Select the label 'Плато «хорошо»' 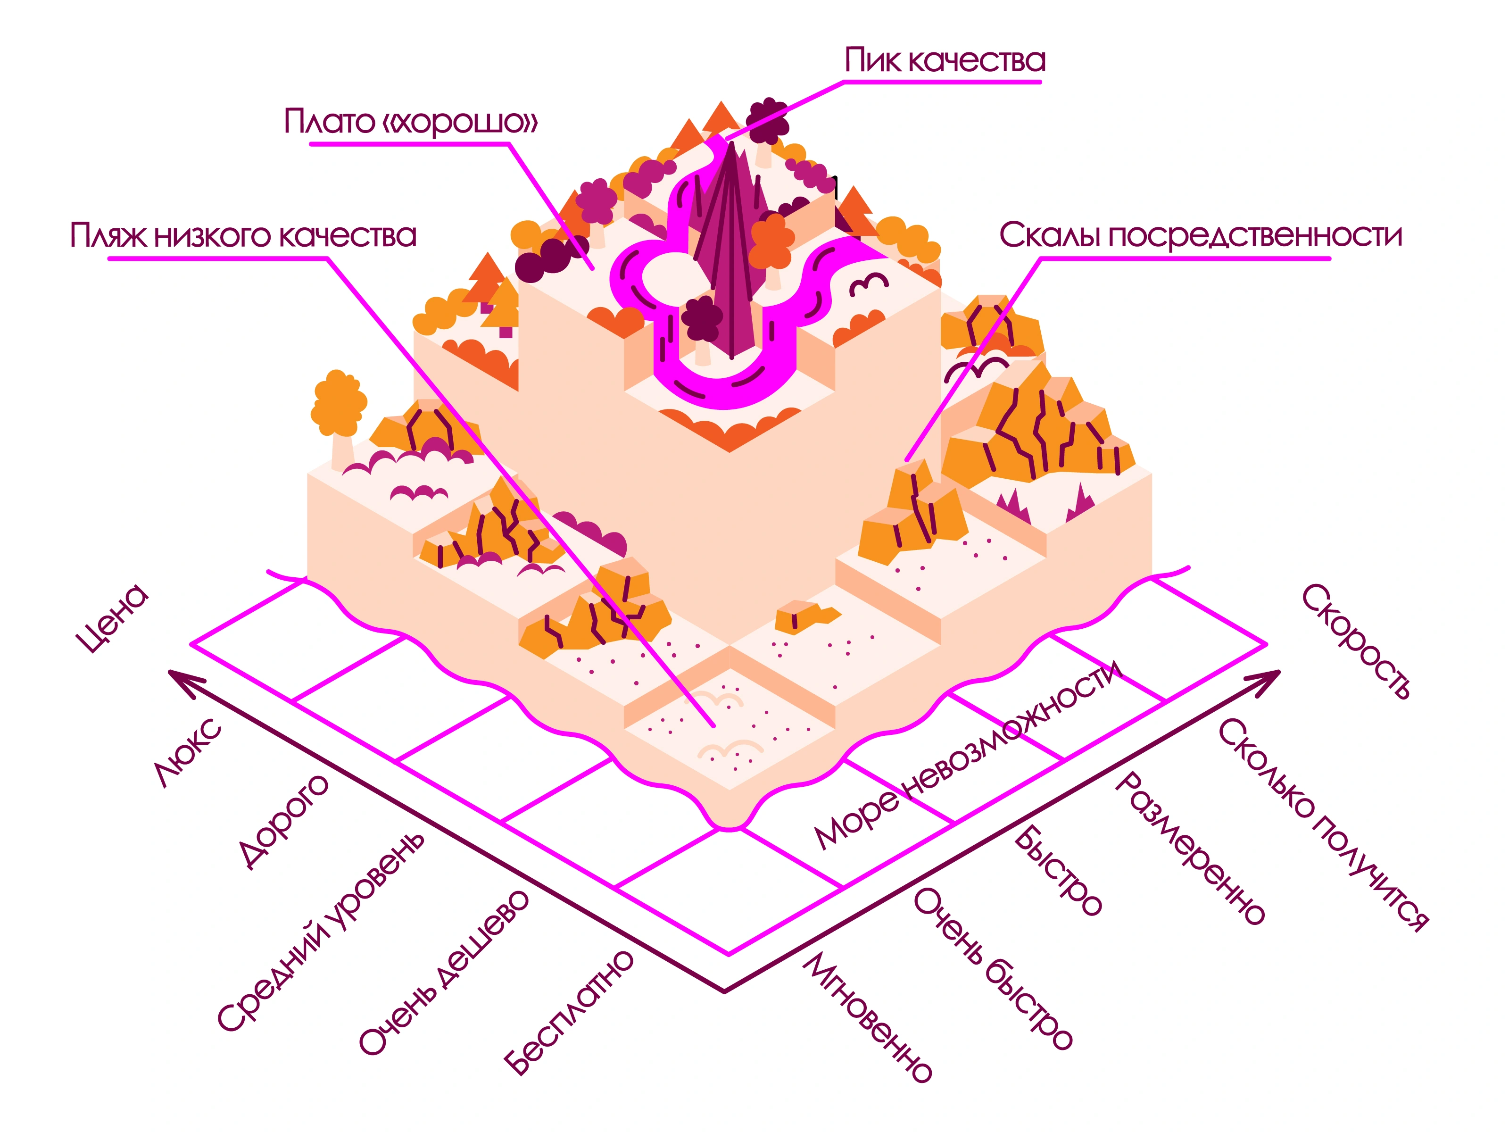click(x=411, y=122)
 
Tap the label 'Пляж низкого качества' click(x=243, y=235)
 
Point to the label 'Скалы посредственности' click(x=1201, y=235)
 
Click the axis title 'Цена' click(x=112, y=618)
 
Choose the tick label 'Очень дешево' click(x=443, y=972)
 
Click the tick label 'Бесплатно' click(x=568, y=1013)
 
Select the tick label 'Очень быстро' click(x=993, y=968)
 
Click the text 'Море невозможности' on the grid click(x=969, y=754)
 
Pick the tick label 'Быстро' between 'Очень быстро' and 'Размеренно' click(x=1057, y=870)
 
